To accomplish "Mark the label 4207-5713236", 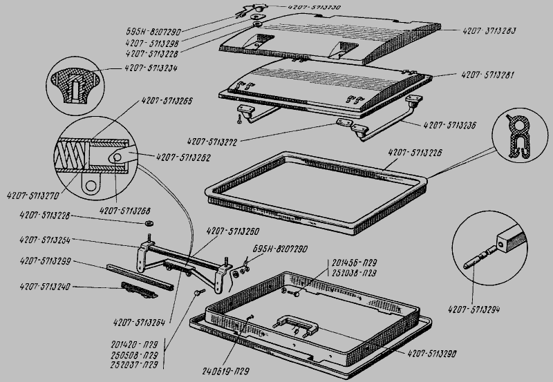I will click(451, 125).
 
